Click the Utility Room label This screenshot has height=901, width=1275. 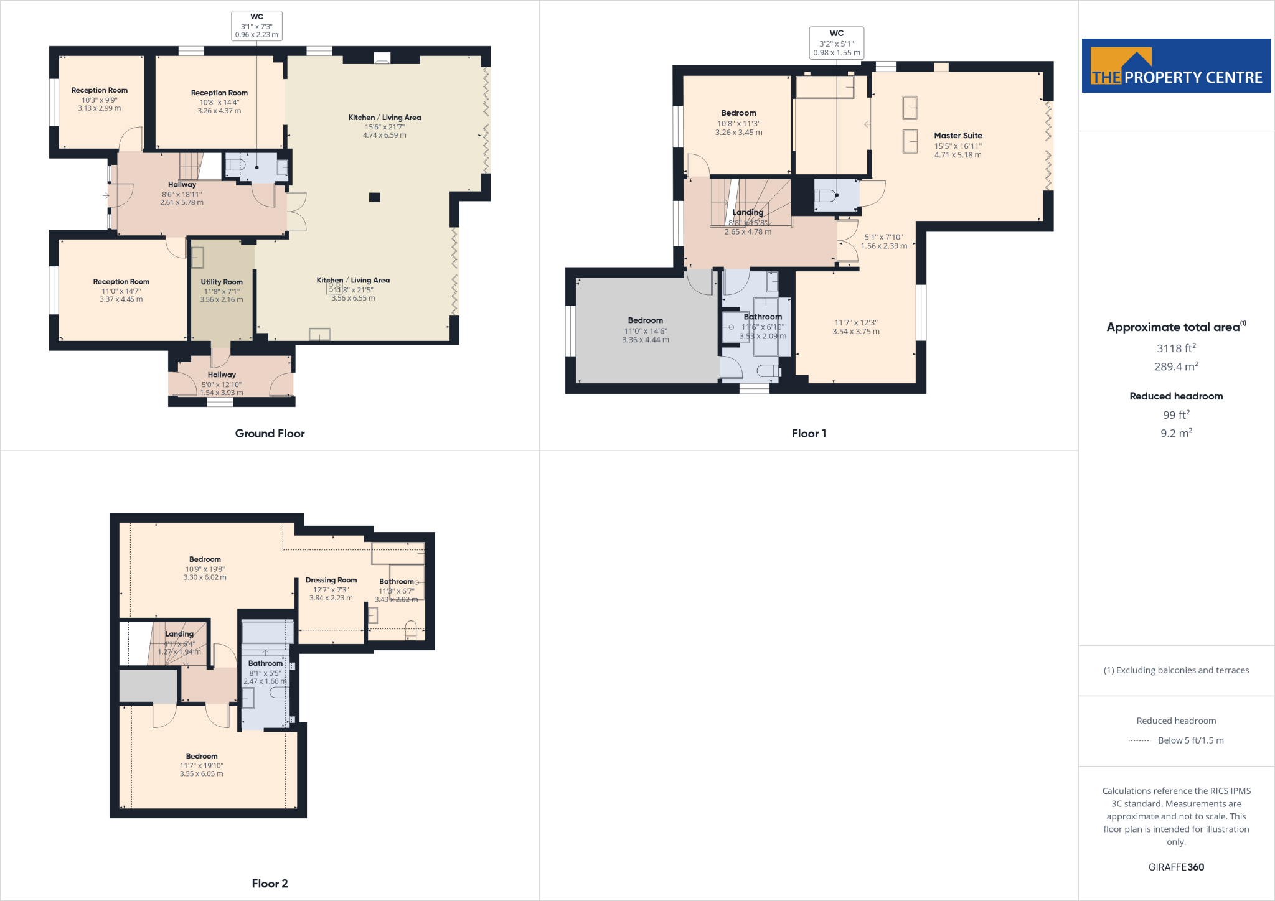click(x=222, y=282)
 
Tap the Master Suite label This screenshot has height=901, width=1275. click(x=957, y=136)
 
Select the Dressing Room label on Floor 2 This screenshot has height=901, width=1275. click(x=331, y=580)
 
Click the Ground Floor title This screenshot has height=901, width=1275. click(x=270, y=434)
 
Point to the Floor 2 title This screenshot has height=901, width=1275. click(x=270, y=884)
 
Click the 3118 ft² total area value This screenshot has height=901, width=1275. click(x=1176, y=348)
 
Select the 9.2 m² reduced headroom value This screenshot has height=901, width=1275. click(x=1176, y=433)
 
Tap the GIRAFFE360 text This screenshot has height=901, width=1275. click(x=1176, y=867)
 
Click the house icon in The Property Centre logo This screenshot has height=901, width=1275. click(x=1136, y=60)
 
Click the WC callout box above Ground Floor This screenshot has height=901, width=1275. click(x=256, y=26)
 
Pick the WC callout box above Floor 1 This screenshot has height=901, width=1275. click(x=836, y=43)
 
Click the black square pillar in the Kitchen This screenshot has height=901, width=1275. click(x=374, y=197)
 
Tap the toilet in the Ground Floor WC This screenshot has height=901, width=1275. click(x=236, y=166)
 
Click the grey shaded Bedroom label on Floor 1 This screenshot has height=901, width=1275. click(x=645, y=320)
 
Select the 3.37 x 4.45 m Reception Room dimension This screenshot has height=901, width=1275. click(x=121, y=299)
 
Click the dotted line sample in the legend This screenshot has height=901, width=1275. click(x=1139, y=740)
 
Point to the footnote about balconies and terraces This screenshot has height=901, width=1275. click(x=1176, y=670)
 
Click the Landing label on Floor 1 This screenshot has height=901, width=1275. click(x=748, y=212)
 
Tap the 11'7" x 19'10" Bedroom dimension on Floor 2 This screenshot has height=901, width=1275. click(x=202, y=765)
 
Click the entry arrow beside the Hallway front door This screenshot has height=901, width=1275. click(x=106, y=195)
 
